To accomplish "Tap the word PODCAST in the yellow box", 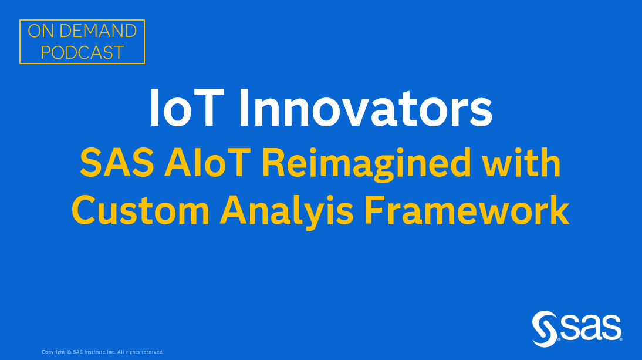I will pos(82,52).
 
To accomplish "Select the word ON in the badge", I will pos(40,31).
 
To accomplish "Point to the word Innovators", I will pos(367,109).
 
